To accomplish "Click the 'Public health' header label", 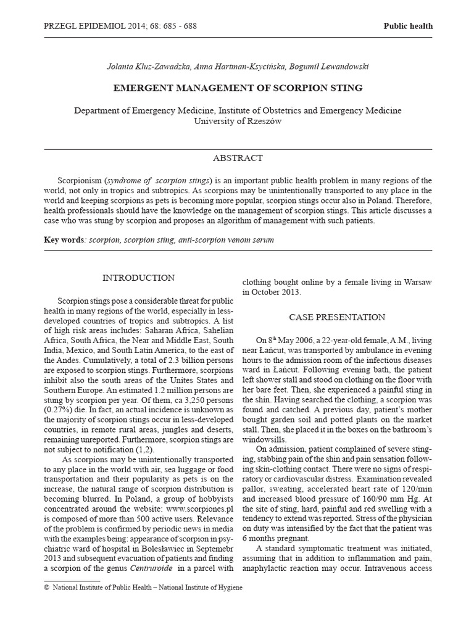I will tap(408, 26).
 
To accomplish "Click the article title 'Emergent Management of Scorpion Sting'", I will tap(238, 88).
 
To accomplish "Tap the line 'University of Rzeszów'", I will tap(238, 122).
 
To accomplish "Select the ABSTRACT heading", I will tap(238, 159).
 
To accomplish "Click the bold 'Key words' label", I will tap(64, 239).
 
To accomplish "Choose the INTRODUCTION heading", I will tap(138, 278).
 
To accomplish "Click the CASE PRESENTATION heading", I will tap(337, 317).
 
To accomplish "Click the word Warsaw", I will tap(415, 282).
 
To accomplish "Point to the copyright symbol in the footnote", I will tap(46, 588).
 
